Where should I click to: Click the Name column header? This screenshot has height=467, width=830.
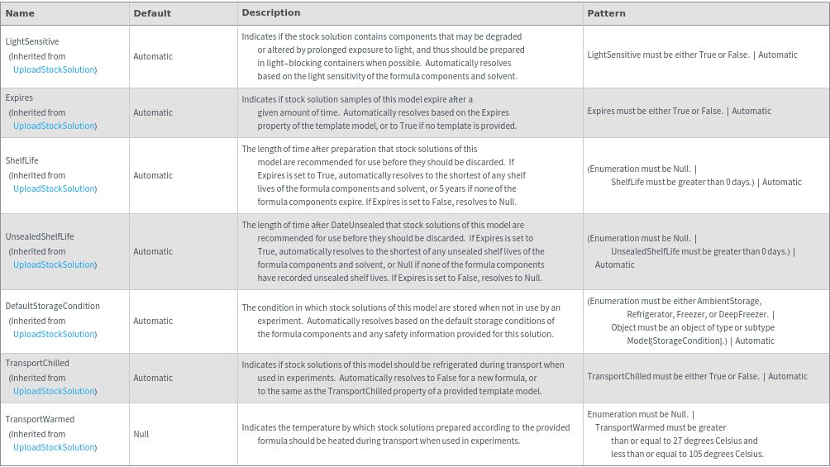20,13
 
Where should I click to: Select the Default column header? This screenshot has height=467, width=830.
152,13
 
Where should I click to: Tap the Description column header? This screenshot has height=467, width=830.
271,13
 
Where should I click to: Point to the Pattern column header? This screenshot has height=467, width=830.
606,13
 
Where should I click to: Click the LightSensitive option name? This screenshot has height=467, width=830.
32,41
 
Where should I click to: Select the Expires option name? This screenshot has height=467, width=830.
19,98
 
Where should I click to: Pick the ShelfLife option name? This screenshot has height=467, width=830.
22,160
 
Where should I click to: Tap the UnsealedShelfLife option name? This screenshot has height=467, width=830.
40,236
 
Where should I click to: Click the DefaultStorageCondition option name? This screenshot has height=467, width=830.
53,306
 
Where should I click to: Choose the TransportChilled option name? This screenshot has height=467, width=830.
37,363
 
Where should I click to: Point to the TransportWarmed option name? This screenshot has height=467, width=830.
40,419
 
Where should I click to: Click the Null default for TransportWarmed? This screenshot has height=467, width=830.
141,434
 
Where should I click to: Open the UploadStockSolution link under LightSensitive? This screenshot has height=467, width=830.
55,69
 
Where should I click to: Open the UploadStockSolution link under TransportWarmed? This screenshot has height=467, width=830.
55,447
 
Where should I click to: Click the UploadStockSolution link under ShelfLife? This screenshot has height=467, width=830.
55,188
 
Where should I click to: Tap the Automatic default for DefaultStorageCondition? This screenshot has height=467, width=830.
153,321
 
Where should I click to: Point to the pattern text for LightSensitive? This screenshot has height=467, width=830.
692,55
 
